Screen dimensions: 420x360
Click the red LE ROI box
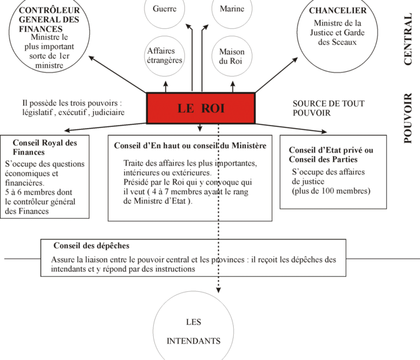point(201,108)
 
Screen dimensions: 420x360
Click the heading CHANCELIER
point(337,11)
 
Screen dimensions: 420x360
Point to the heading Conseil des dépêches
point(91,246)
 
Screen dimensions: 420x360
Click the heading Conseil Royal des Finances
point(45,147)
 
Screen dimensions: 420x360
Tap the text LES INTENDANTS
point(193,331)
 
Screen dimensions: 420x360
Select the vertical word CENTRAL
point(407,39)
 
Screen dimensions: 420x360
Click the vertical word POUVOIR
point(407,118)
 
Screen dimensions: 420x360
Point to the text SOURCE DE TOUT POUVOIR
point(328,108)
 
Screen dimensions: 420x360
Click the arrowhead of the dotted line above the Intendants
point(219,291)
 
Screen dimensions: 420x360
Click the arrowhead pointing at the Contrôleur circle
point(91,57)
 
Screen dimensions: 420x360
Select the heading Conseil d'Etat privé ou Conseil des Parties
point(331,154)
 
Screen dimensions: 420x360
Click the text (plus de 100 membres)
point(331,191)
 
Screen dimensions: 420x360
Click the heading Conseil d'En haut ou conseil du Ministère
point(190,146)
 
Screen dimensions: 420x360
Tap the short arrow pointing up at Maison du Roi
point(232,87)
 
